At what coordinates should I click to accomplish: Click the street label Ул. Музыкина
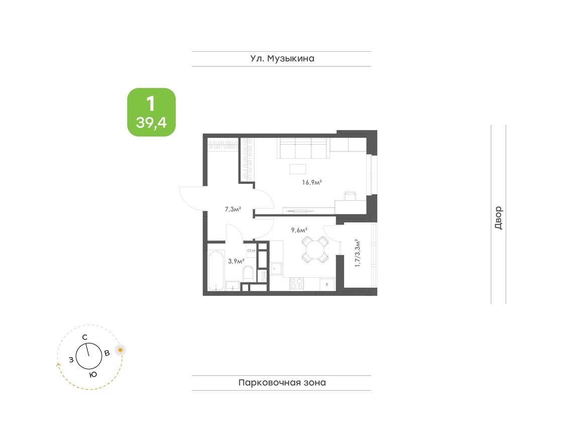point(282,59)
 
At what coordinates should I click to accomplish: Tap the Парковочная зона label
point(282,383)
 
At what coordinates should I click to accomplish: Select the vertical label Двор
point(498,218)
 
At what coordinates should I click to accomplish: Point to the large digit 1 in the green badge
point(151,104)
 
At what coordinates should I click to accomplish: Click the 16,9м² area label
point(311,183)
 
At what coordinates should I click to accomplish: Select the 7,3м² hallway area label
point(233,209)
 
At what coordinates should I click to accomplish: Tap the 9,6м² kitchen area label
point(299,231)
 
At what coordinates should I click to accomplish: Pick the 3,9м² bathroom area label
point(236,261)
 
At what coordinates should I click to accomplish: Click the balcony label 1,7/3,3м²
point(358,255)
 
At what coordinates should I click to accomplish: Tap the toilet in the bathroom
point(248,274)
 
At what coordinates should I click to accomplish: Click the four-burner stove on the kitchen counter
point(297,284)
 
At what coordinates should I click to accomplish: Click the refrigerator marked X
point(327,284)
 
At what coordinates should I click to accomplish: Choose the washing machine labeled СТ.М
point(251,250)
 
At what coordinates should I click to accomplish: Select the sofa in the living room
point(303,149)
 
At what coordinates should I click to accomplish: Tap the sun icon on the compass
point(120,350)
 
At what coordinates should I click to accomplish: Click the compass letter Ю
point(92,375)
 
